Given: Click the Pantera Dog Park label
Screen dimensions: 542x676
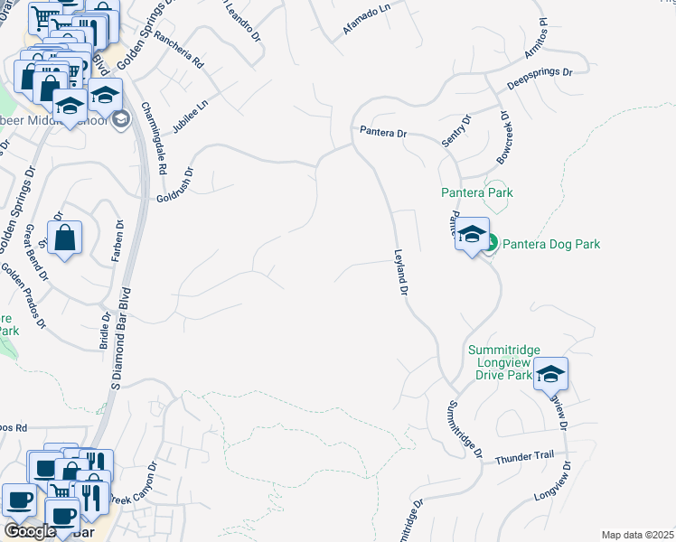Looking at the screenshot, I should coord(550,244).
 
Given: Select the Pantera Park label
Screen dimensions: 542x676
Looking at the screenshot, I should coord(476,192).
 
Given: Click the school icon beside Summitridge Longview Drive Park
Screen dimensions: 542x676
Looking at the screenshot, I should coord(550,374).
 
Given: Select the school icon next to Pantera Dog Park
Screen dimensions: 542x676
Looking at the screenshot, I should coord(471,236).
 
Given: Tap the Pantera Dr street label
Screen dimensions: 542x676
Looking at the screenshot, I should coord(383,133).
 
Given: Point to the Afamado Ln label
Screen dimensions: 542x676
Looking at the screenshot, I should coord(366,23).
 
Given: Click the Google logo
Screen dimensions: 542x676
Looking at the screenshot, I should coord(30,530).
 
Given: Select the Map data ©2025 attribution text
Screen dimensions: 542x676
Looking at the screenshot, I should coord(636,535).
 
